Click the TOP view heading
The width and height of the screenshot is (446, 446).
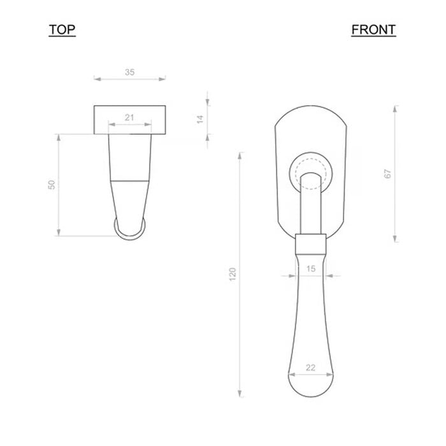[62, 29]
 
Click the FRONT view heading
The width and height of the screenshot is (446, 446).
[373, 29]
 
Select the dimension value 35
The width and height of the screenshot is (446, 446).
[130, 72]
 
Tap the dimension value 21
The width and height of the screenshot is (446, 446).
[129, 117]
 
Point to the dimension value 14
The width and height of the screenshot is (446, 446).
[200, 119]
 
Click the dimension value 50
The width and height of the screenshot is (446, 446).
[52, 185]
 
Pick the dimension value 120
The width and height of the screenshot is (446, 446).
[233, 274]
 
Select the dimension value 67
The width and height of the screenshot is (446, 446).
[387, 173]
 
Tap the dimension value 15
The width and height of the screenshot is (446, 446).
[311, 268]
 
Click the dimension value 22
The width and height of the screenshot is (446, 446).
[311, 368]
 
